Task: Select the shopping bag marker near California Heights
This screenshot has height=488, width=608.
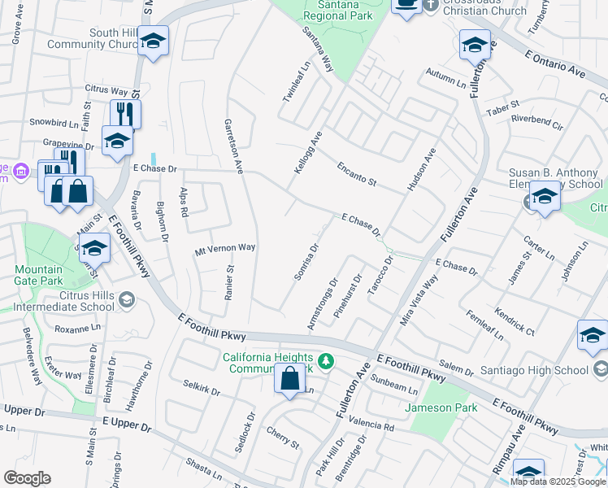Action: pyautogui.click(x=289, y=378)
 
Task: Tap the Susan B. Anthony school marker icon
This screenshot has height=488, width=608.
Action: pyautogui.click(x=545, y=196)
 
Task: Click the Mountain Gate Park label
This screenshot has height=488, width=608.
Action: pyautogui.click(x=40, y=275)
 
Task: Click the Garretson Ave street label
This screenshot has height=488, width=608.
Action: pyautogui.click(x=233, y=146)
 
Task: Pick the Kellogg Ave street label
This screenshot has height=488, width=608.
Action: pyautogui.click(x=306, y=155)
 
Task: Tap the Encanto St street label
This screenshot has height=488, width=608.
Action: pyautogui.click(x=358, y=172)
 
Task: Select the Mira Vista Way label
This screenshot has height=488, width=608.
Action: pyautogui.click(x=418, y=300)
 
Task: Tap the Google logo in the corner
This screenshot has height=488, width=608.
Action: pyautogui.click(x=27, y=478)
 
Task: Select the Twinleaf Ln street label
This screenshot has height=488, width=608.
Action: pyautogui.click(x=297, y=81)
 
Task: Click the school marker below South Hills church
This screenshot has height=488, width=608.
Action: pyautogui.click(x=152, y=42)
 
